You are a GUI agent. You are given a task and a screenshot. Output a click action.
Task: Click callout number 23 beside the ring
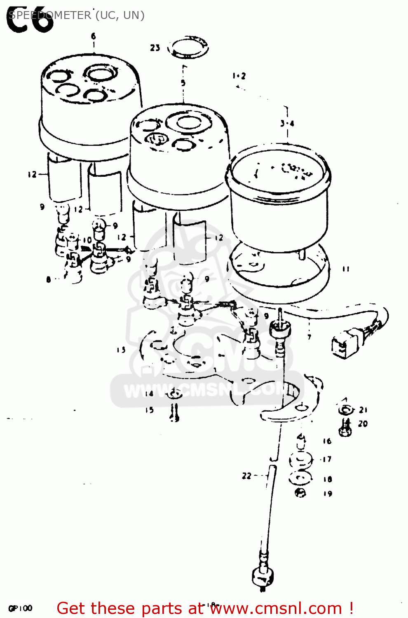coord(155,48)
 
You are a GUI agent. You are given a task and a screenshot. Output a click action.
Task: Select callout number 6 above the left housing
coord(94,36)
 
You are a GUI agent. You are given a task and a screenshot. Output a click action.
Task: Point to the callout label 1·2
coord(239,76)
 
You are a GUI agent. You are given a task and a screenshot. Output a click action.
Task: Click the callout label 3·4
coord(287,123)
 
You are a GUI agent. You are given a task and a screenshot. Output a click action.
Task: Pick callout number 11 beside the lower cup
coord(346,269)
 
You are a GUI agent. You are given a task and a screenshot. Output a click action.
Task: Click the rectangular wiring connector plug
coord(343,346)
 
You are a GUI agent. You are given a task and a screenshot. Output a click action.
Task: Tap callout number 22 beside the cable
coord(246,476)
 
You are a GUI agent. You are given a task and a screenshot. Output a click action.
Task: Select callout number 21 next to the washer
coord(363,410)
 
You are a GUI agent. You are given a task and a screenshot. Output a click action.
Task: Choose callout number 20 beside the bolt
coord(363,424)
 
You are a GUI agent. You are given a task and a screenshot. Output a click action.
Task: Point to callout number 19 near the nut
coord(328,494)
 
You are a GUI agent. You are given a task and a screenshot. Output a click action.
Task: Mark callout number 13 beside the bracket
coord(121,350)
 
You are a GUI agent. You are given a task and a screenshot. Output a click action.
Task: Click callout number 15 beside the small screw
coord(149,410)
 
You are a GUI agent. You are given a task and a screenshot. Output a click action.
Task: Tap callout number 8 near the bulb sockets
coord(49,279)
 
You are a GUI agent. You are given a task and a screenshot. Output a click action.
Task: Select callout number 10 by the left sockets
coord(87,240)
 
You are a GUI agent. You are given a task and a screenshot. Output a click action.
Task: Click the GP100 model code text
coord(20,608)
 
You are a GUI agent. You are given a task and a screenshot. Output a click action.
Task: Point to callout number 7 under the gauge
coord(309,337)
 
